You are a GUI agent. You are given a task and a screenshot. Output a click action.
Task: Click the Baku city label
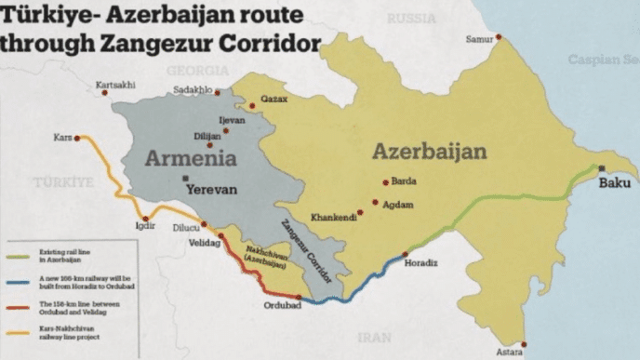tap(614, 182)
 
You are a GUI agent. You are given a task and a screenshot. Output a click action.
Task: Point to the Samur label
tap(479, 38)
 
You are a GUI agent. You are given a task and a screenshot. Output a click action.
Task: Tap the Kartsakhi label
tap(115, 85)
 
